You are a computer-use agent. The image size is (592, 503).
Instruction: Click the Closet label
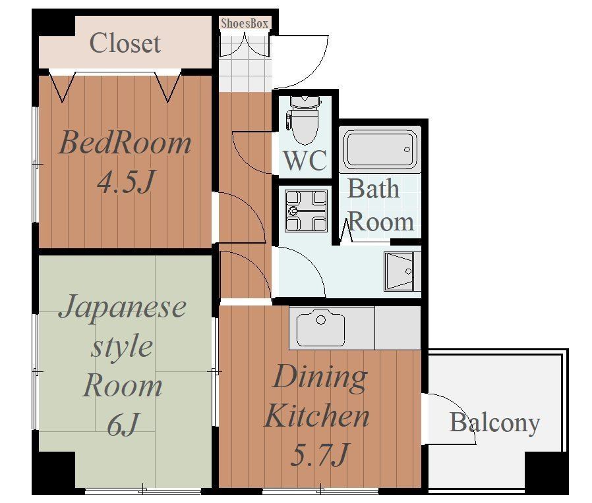125,43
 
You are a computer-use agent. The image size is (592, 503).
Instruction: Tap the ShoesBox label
245,23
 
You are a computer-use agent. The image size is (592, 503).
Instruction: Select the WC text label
305,161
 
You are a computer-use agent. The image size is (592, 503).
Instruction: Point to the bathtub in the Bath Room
380,149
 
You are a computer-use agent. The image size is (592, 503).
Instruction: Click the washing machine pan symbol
306,211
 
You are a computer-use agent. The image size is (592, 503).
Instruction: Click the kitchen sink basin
320,328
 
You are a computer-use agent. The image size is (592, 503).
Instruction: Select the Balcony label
494,423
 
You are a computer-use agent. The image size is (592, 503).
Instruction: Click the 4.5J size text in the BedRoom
126,181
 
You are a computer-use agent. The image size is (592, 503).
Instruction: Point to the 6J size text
123,424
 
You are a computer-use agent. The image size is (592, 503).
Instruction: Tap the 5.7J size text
319,454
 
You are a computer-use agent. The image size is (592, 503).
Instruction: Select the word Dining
320,378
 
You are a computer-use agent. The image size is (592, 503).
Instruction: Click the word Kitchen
316,415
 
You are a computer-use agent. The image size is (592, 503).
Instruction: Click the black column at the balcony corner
547,471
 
